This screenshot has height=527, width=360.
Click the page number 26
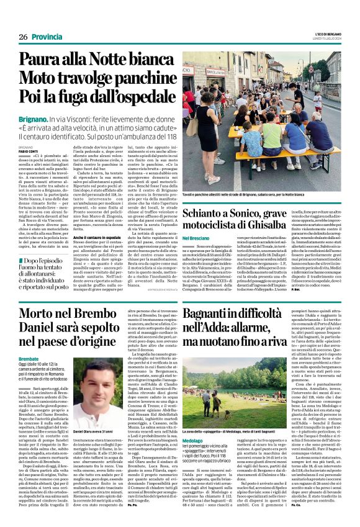[x=22, y=37]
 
